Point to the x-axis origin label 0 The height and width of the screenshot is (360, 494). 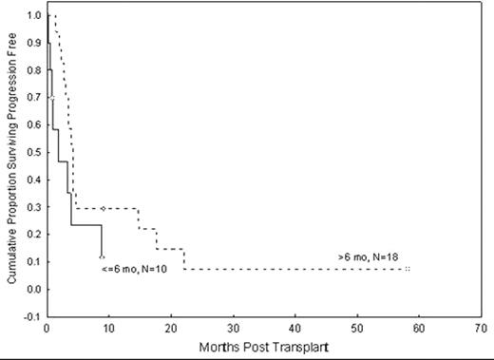tap(47, 329)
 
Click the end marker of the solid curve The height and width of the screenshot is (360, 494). tap(102, 256)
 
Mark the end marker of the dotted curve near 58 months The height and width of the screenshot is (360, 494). tap(407, 270)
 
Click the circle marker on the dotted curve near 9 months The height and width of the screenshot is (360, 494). tap(103, 209)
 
